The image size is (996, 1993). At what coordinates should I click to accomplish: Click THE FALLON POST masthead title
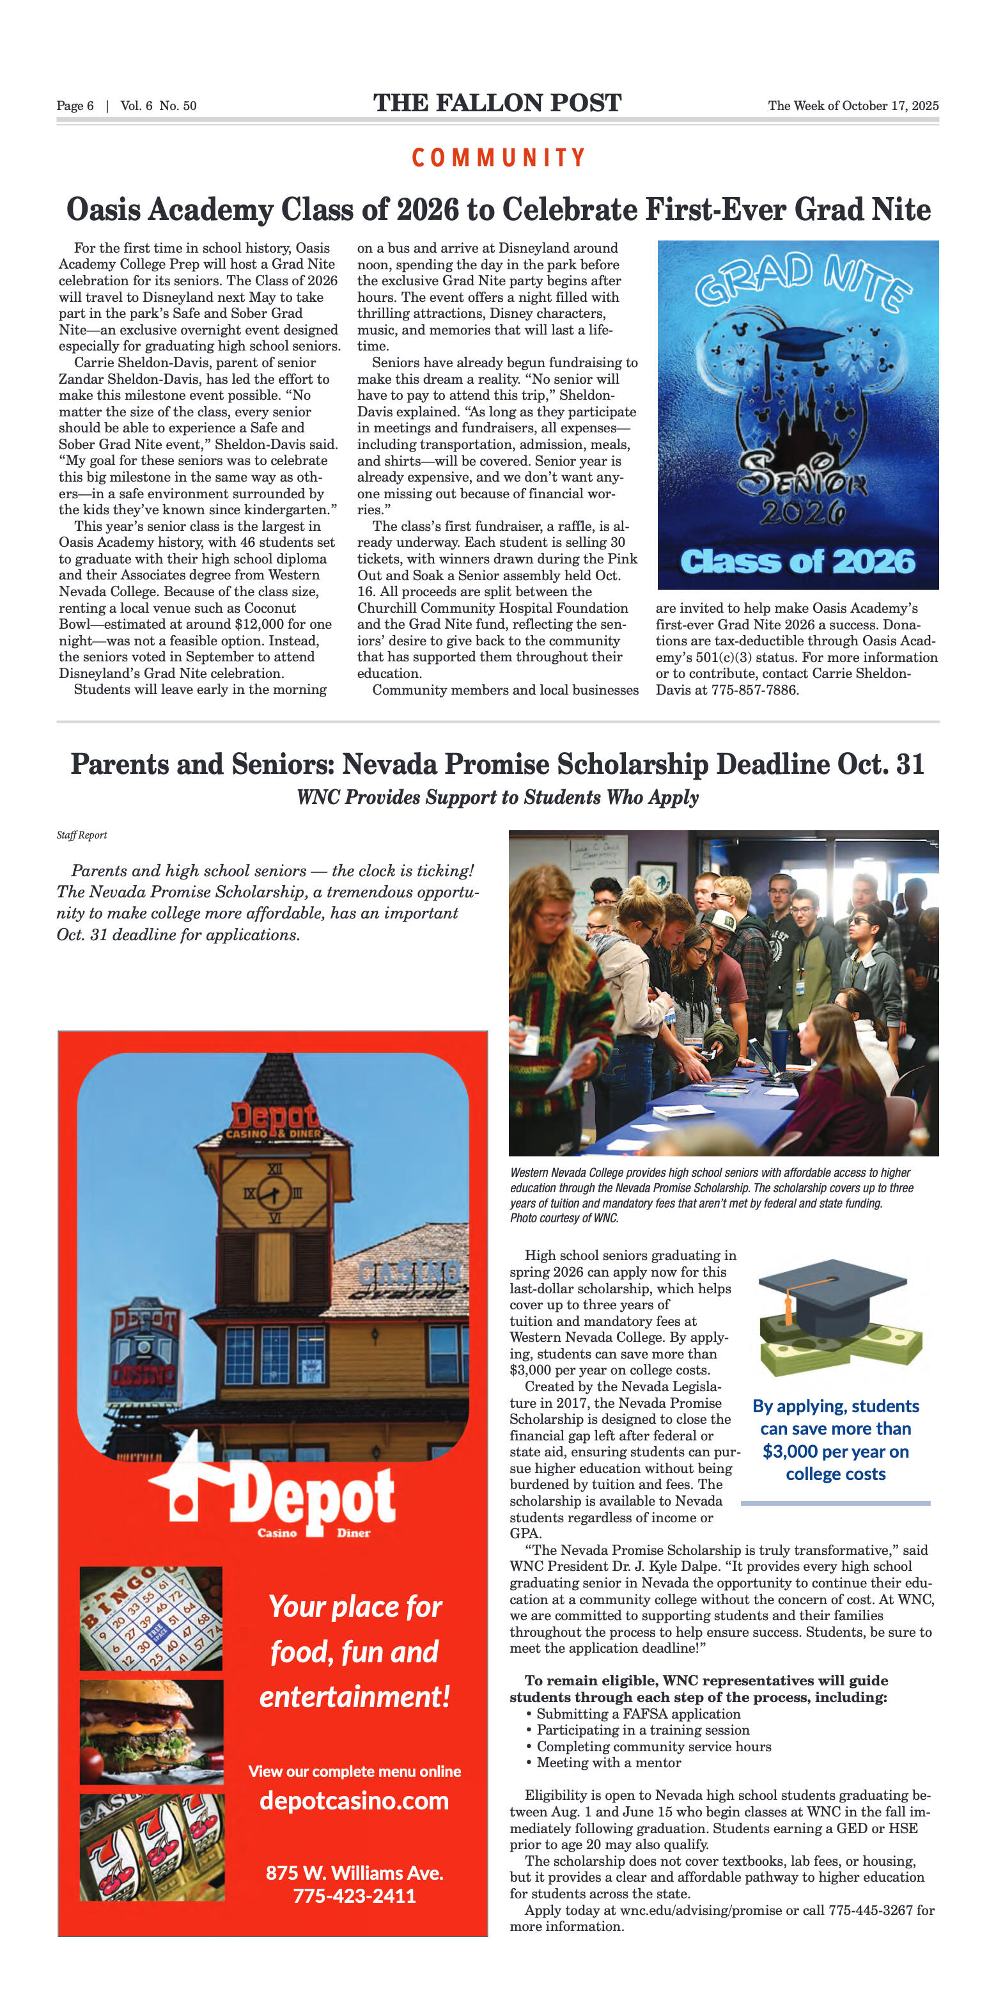click(x=497, y=103)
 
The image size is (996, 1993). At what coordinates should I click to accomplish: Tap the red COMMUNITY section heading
click(x=498, y=158)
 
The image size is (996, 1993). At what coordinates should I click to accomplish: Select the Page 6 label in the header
click(x=75, y=106)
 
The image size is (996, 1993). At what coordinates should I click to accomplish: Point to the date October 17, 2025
click(x=889, y=106)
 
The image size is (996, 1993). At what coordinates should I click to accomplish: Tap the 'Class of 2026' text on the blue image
click(x=797, y=562)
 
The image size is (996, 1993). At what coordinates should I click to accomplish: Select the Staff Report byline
click(x=81, y=835)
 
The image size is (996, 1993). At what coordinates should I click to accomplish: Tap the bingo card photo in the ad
click(x=151, y=1619)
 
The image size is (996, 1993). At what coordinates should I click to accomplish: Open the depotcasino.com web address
click(x=354, y=1800)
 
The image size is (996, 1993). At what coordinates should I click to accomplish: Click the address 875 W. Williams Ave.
click(x=354, y=1872)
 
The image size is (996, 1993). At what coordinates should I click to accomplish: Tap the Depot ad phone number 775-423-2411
click(x=354, y=1896)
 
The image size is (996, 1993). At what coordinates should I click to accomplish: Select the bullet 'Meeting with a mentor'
click(x=609, y=1763)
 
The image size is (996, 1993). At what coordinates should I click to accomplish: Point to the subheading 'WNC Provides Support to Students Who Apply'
click(x=497, y=798)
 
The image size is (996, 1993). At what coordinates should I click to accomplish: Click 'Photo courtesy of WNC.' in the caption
click(x=564, y=1218)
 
